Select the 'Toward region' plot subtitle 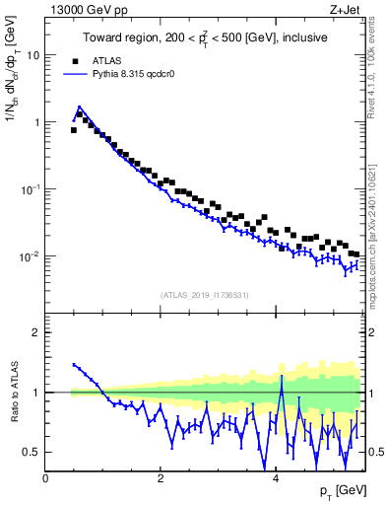click(204, 38)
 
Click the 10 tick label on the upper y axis click(32, 55)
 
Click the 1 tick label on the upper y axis click(35, 122)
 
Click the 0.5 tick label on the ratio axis click(32, 452)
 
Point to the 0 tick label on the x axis click(46, 477)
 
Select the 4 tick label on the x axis click(276, 477)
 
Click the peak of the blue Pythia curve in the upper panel click(80, 107)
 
